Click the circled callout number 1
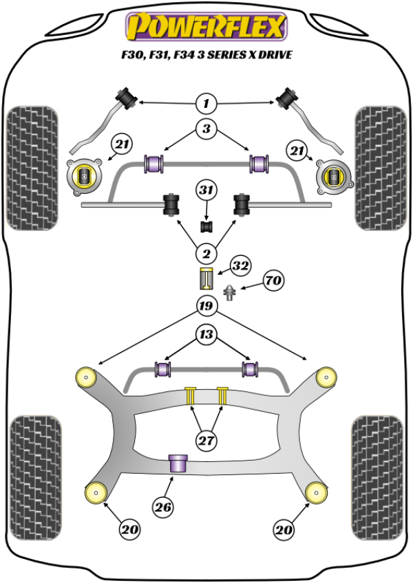point(205,104)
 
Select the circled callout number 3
point(205,128)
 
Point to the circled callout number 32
point(240,265)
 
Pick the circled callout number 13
point(205,335)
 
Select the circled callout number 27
point(205,440)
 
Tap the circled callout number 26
point(162,508)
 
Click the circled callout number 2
point(205,252)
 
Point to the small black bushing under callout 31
point(205,225)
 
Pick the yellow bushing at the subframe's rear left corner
point(93,492)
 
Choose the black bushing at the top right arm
point(287,97)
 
